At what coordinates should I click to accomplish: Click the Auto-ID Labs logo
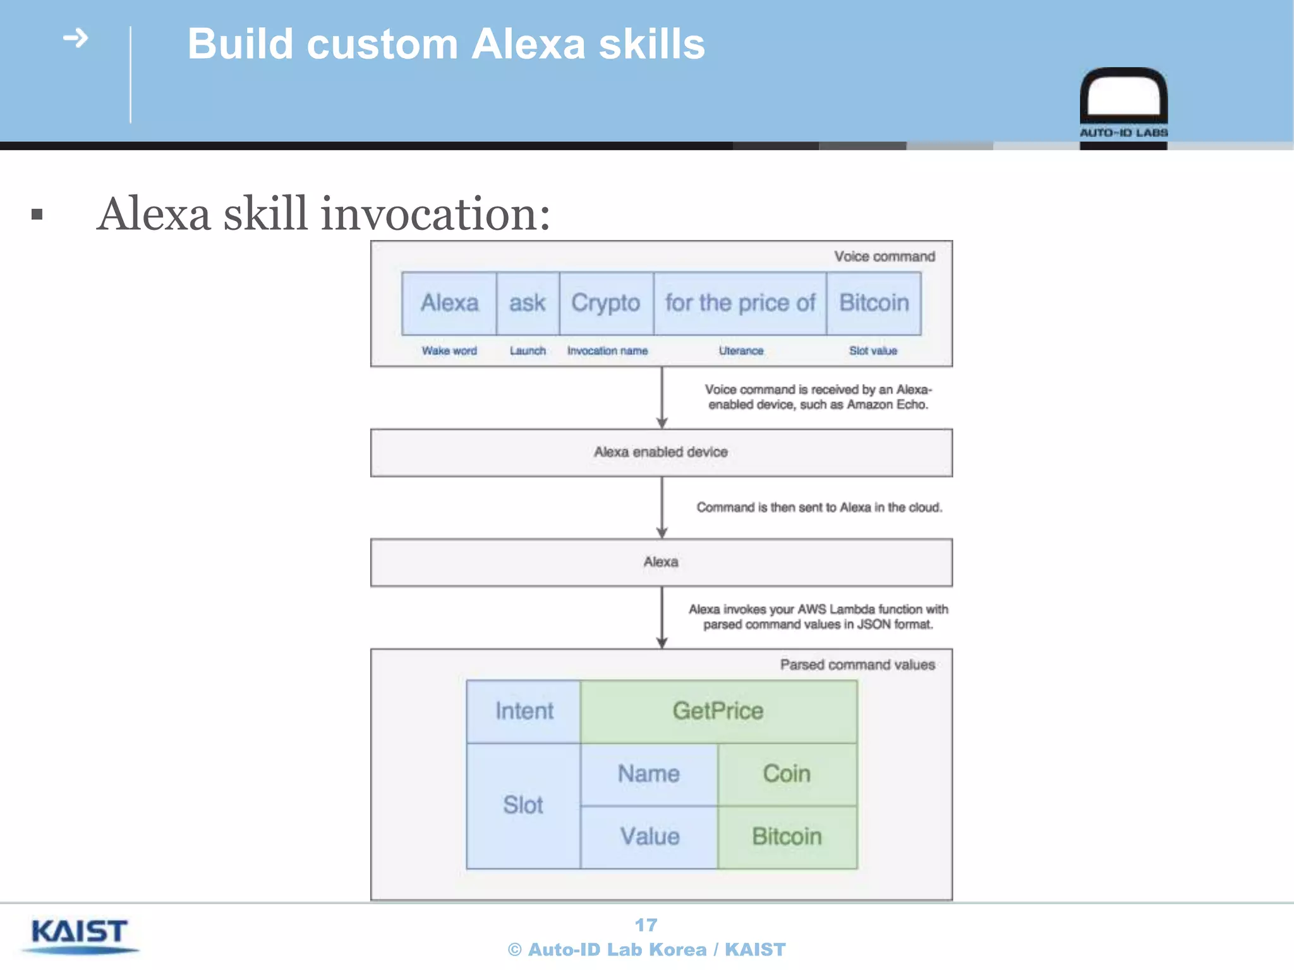pos(1123,104)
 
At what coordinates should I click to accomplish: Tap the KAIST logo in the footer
pos(80,935)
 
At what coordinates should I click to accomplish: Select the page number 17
pos(646,925)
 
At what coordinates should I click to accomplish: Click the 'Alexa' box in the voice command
pos(449,303)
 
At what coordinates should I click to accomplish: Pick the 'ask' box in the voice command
pos(528,303)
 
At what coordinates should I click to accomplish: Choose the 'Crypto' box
pos(606,303)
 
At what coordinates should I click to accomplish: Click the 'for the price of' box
pos(740,303)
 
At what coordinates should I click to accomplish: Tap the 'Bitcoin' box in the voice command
pos(874,303)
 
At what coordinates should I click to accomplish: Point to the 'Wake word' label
pos(449,350)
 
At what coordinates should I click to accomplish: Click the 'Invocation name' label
pos(607,350)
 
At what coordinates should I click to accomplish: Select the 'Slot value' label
pos(873,350)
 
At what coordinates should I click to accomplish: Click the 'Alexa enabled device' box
pos(661,453)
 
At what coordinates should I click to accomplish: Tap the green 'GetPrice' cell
pos(718,711)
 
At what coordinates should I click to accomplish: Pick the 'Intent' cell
pos(524,711)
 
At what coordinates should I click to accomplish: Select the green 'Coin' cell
pos(787,774)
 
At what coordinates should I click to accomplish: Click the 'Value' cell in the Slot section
pos(650,837)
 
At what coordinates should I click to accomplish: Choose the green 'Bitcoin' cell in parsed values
pos(787,837)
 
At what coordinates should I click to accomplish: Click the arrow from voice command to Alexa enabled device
pos(662,398)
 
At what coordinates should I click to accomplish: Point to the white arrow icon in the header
pos(76,39)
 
